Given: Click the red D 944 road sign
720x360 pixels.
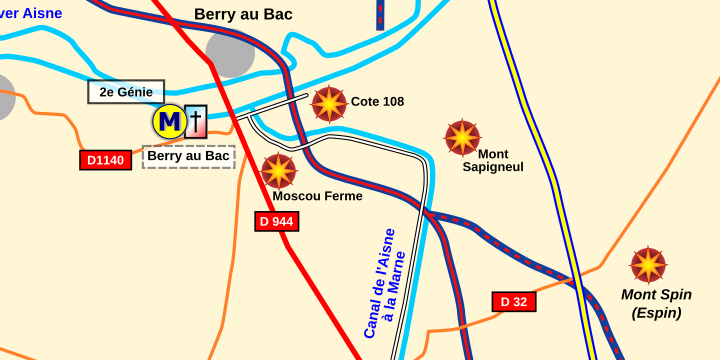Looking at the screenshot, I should (x=276, y=221).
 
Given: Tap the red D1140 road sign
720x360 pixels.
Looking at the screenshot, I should (x=105, y=160).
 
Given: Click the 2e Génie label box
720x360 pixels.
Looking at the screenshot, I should (x=126, y=92).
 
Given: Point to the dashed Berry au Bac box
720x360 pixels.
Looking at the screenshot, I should (x=188, y=156).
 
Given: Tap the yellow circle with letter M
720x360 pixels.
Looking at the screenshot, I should (x=169, y=122).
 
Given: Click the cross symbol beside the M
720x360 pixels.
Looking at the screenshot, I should (x=196, y=122).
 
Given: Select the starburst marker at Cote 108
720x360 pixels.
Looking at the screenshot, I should (x=329, y=103).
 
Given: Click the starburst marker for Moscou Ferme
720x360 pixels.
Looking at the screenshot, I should (x=279, y=171).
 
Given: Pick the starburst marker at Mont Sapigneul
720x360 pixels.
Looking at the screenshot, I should (x=462, y=138).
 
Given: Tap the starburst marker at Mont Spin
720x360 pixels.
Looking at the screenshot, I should (x=648, y=265).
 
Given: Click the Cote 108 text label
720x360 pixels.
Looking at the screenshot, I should (x=377, y=102).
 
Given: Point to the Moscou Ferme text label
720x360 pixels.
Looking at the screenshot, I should (x=317, y=196).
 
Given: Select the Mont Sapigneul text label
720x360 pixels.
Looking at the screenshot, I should (x=493, y=160).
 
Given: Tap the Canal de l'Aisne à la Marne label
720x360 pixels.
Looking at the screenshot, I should (x=384, y=282).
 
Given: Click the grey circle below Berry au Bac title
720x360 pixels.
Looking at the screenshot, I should (x=230, y=53).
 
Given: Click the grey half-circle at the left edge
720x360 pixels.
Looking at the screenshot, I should (x=5, y=98).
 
